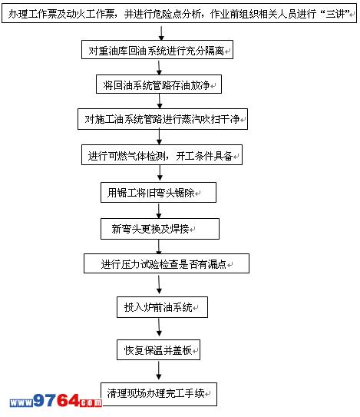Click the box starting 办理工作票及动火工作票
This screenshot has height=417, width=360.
pos(179,13)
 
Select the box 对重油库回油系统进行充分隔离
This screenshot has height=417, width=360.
pos(157,50)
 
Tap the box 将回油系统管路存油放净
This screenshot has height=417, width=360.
pos(159,84)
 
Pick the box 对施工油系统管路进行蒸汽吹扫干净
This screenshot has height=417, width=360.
pos(163,119)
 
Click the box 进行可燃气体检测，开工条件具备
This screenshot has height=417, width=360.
pos(162,155)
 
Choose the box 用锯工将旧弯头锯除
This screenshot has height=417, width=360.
pos(158,192)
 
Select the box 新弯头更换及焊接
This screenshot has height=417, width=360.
pos(160,229)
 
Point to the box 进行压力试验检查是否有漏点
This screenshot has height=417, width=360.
pos(167,263)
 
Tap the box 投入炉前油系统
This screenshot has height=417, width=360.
pos(162,307)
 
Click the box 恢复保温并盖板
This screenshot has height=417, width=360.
pos(158,349)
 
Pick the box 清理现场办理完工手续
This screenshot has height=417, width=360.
pos(159,394)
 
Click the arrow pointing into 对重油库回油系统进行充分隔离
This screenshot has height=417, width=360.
pos(161,33)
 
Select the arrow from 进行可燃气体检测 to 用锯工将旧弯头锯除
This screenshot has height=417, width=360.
pos(160,174)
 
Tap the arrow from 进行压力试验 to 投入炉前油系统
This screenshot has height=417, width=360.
pos(159,285)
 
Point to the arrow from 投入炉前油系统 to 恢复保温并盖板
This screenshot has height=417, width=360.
pos(159,327)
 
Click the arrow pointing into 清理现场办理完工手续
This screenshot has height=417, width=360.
pos(159,371)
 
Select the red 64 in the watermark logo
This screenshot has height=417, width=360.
pos(68,401)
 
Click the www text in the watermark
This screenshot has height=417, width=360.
pos(21,403)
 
